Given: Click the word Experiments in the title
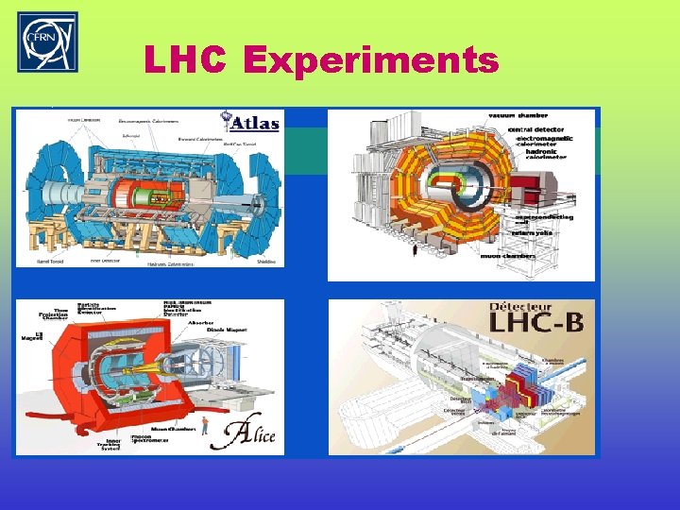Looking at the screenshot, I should point(370,61).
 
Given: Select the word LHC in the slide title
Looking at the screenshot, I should point(185,61).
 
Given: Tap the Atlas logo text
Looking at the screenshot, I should point(252,122).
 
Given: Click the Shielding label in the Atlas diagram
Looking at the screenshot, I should point(267,263).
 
